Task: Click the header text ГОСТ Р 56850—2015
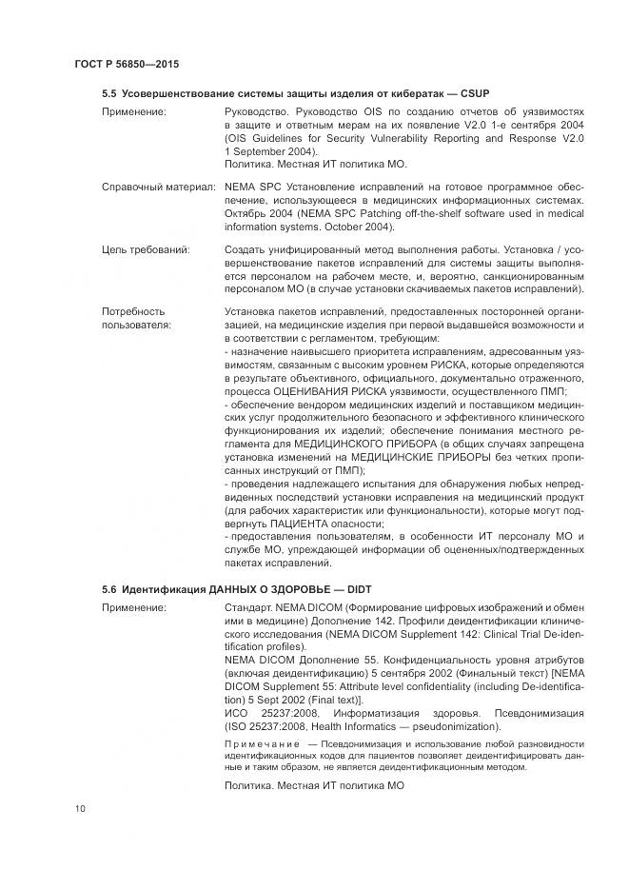[126, 64]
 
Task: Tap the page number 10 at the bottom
[79, 809]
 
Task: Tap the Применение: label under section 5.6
[133, 607]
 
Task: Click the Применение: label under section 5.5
[133, 112]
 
